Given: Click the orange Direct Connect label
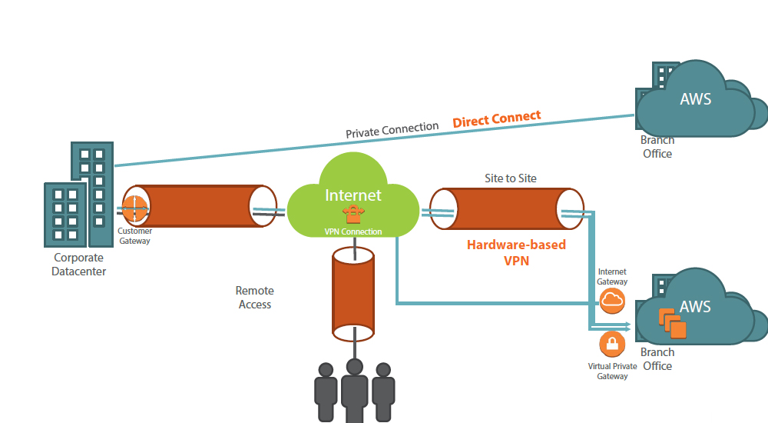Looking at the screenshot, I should tap(496, 119).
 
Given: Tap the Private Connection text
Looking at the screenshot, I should tap(392, 130).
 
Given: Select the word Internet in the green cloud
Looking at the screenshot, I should tap(353, 195).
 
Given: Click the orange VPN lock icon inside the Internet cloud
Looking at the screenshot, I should tap(353, 215).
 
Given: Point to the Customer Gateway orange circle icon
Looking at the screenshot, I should tap(134, 208).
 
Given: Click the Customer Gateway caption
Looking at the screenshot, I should tap(134, 236).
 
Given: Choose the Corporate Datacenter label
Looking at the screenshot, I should tap(79, 265).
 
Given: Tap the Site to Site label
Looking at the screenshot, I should tap(510, 178).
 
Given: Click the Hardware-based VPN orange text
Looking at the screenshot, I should tap(516, 253).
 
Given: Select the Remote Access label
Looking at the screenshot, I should tap(254, 298).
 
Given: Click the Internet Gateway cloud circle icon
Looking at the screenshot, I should tap(612, 301).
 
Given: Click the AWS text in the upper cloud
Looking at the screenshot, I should tap(695, 99).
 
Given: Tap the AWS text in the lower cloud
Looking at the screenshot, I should tap(695, 307).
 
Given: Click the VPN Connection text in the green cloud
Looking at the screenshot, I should tap(353, 231).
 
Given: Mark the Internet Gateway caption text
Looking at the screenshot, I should tap(612, 277).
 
